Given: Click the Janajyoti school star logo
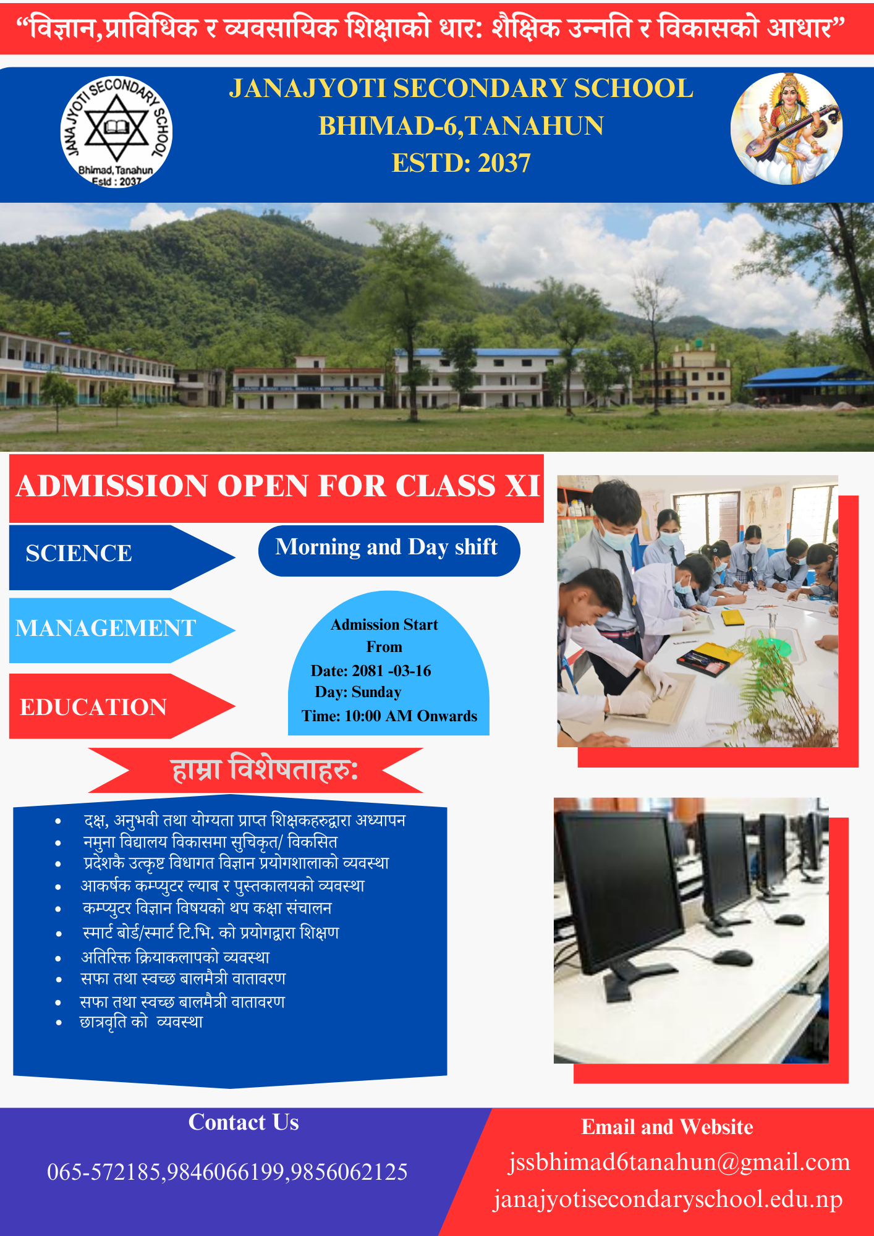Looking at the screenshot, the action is tap(116, 132).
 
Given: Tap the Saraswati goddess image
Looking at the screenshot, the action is tap(786, 129).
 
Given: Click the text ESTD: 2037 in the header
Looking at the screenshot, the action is tap(461, 163).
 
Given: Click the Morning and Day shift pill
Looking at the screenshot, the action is tap(389, 551).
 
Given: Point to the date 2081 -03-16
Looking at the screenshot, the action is tap(392, 671).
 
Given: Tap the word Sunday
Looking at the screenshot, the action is tap(376, 692).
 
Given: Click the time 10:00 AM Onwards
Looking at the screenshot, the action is tap(411, 716).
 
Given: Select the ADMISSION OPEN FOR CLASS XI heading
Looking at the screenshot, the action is tap(278, 486).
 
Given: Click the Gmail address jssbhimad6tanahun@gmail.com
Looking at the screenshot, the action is tap(679, 1162).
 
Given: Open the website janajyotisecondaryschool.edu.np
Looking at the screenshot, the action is tap(668, 1200).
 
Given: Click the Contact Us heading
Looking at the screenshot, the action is tap(244, 1122).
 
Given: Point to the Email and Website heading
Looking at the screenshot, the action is tap(668, 1127).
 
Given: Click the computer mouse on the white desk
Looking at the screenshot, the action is tap(732, 957).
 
